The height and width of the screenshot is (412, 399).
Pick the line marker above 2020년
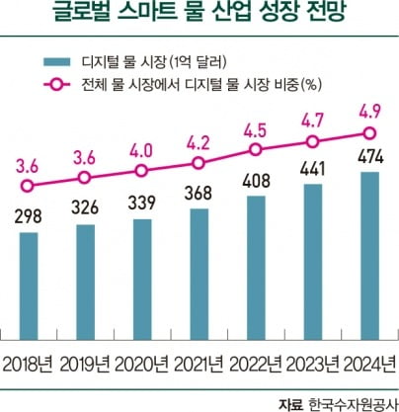click(142, 171)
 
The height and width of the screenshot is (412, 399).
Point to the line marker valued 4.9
click(368, 132)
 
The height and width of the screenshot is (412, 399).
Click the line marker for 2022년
click(256, 149)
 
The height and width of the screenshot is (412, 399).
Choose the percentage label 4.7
click(312, 116)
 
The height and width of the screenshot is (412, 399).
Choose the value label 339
click(142, 204)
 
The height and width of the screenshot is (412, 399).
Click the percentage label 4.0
click(142, 149)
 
